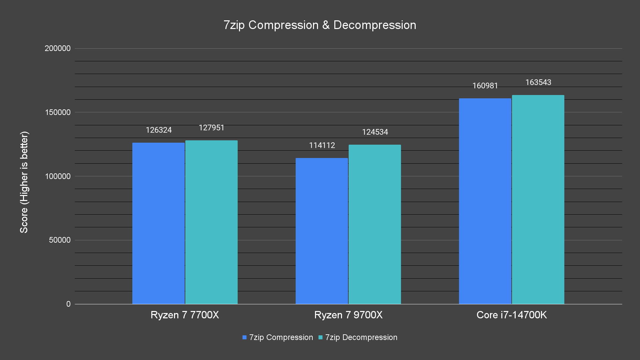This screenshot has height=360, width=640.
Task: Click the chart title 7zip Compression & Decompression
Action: (320, 25)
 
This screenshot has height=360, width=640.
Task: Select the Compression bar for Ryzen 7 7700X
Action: (158, 223)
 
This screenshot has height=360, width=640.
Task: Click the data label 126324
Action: (159, 130)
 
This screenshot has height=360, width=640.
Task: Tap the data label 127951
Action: (212, 128)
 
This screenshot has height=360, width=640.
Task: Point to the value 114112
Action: (322, 145)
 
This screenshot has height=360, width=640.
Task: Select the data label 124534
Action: (375, 132)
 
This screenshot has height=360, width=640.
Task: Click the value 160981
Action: (485, 86)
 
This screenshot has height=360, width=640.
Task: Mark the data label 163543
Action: (538, 82)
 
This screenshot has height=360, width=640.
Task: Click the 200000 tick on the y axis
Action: (58, 48)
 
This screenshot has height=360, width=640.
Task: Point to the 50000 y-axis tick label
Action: (60, 240)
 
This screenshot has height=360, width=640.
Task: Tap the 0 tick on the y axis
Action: (68, 304)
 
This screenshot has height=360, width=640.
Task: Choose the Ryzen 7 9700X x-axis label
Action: (348, 315)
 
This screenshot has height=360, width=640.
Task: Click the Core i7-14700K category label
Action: (512, 315)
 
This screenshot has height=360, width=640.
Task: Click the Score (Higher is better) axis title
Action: (24, 182)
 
